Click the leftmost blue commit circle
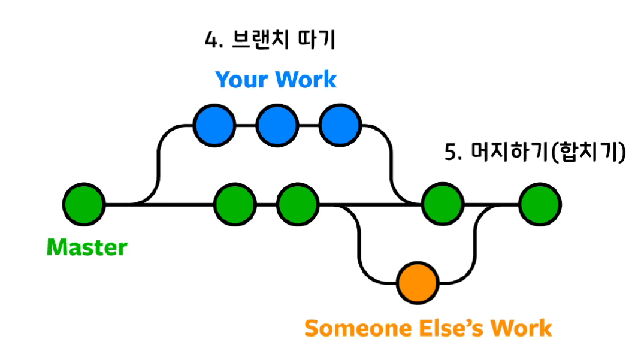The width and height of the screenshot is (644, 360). point(214,126)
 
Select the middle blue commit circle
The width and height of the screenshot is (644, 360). point(277,126)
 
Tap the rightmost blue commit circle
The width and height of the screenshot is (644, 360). point(340,126)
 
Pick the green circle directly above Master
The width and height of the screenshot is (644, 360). point(84,205)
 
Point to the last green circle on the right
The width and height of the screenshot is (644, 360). point(540,205)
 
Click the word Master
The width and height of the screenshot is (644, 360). point(87,247)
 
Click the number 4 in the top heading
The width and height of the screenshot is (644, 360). point(210,41)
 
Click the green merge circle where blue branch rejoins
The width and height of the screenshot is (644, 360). point(443,205)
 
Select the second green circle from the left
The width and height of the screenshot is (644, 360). point(235,205)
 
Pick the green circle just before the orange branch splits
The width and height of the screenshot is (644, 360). point(298,205)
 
